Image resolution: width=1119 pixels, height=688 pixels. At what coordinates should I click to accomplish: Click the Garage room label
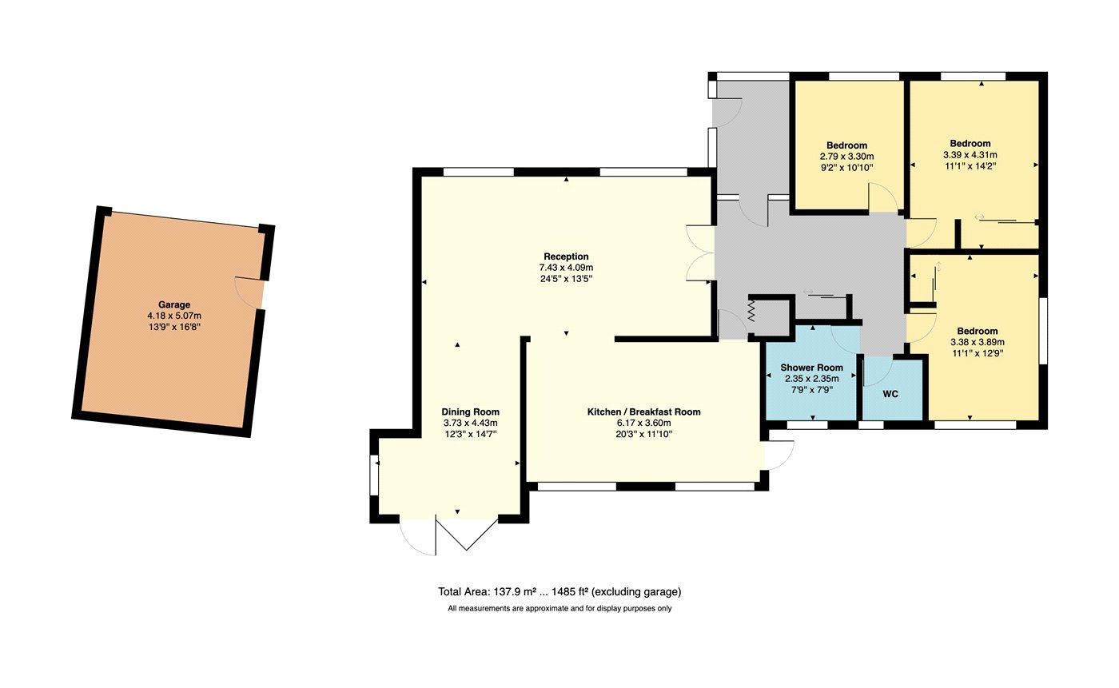[174, 304]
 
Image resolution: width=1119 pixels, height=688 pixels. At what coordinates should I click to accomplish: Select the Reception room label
[566, 257]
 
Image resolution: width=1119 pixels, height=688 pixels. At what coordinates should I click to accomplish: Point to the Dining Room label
[470, 412]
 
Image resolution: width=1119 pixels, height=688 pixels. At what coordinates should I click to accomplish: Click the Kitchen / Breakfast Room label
[643, 412]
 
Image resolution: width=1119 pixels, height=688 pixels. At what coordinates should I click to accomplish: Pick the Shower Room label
[812, 368]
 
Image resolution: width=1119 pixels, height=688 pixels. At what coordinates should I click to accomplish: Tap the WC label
[890, 394]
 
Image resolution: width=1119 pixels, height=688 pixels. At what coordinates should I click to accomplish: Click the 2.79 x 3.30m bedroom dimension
[846, 157]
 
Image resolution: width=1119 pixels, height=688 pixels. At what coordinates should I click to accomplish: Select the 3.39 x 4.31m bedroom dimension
[970, 155]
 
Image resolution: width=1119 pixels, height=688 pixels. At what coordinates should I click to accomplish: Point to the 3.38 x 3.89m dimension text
[977, 342]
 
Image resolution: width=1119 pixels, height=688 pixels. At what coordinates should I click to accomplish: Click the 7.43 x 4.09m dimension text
[566, 268]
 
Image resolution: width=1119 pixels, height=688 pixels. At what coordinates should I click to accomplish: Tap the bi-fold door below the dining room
[467, 535]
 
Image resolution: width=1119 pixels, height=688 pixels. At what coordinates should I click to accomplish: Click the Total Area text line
[559, 591]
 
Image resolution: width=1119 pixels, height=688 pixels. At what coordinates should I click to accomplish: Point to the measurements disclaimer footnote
[559, 608]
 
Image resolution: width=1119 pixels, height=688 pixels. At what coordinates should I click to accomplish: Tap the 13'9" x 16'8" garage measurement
[174, 327]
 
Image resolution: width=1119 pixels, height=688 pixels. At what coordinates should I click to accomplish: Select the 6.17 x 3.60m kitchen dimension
[643, 423]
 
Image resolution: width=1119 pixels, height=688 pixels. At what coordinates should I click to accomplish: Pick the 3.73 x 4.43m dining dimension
[470, 423]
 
